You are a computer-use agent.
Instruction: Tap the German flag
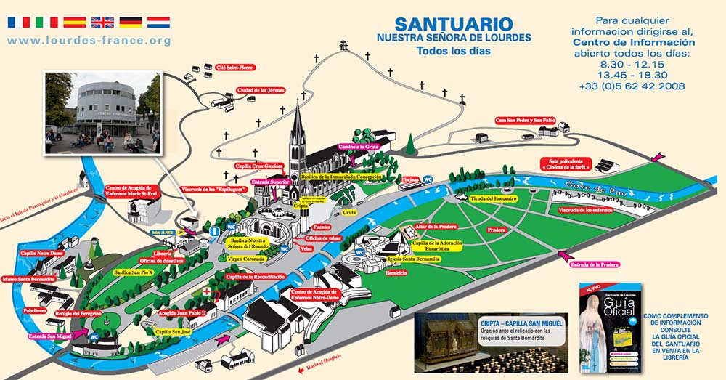point(131,22)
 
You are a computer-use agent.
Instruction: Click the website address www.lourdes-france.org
point(89,41)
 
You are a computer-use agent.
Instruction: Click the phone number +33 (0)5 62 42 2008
point(640,86)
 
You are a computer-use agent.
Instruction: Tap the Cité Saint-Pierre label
point(235,69)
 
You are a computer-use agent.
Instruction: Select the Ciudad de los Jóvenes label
point(260,91)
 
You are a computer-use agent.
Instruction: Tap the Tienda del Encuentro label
point(494,198)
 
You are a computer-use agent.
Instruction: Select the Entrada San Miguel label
point(50,336)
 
